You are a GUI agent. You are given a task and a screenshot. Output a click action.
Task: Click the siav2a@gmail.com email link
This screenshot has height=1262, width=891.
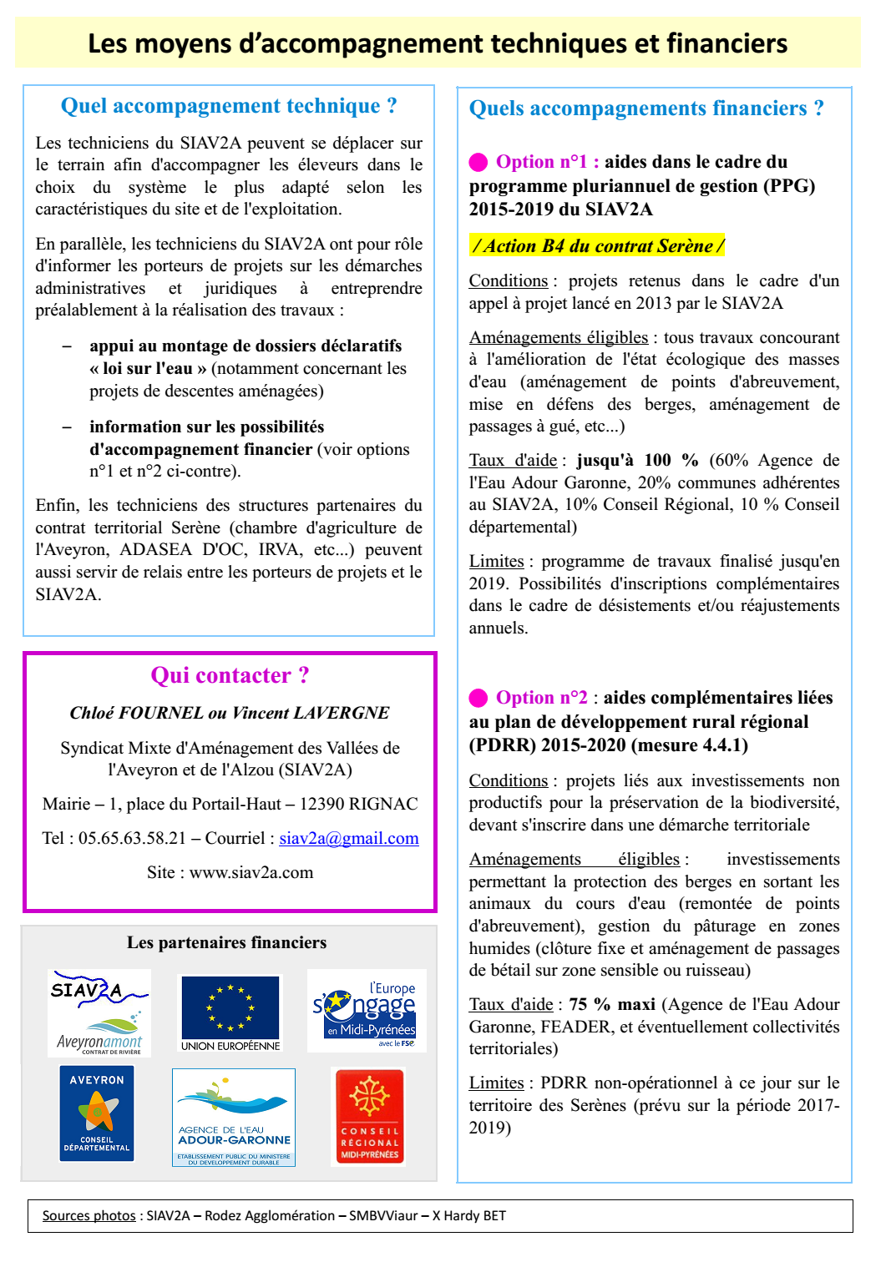pyautogui.click(x=348, y=838)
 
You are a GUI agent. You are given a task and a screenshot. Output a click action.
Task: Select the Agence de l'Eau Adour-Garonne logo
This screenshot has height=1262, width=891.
pyautogui.click(x=234, y=1117)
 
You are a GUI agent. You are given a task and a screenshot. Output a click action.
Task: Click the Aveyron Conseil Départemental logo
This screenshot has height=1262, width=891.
pyautogui.click(x=97, y=1113)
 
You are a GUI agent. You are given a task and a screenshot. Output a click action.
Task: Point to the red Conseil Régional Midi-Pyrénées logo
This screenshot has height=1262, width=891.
pyautogui.click(x=369, y=1117)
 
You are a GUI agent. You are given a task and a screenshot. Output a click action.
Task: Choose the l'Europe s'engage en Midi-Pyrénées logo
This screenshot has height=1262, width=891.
pyautogui.click(x=367, y=1011)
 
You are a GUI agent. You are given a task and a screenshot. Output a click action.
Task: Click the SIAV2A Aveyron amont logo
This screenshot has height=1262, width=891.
pyautogui.click(x=99, y=1012)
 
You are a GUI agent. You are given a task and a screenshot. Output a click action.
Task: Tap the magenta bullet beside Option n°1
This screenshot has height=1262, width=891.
pyautogui.click(x=478, y=162)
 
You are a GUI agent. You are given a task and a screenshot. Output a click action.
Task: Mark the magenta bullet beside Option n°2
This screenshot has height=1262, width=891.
pyautogui.click(x=478, y=698)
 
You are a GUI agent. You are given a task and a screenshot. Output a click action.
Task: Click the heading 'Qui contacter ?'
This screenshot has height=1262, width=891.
pyautogui.click(x=230, y=675)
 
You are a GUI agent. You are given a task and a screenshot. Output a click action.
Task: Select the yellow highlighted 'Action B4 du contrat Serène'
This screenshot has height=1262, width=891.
pyautogui.click(x=597, y=245)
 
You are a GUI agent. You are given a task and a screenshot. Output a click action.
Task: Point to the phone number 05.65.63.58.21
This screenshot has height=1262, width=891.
pyautogui.click(x=132, y=838)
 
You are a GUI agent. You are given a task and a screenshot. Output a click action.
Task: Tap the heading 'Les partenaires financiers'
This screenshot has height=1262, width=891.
pyautogui.click(x=226, y=942)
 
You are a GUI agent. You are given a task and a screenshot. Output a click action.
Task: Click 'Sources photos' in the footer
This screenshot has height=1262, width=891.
pyautogui.click(x=89, y=1215)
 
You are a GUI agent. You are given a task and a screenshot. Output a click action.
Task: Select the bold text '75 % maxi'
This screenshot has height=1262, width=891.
pyautogui.click(x=612, y=1004)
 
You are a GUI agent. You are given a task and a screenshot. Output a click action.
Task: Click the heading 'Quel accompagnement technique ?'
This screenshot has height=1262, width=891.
pyautogui.click(x=229, y=106)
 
